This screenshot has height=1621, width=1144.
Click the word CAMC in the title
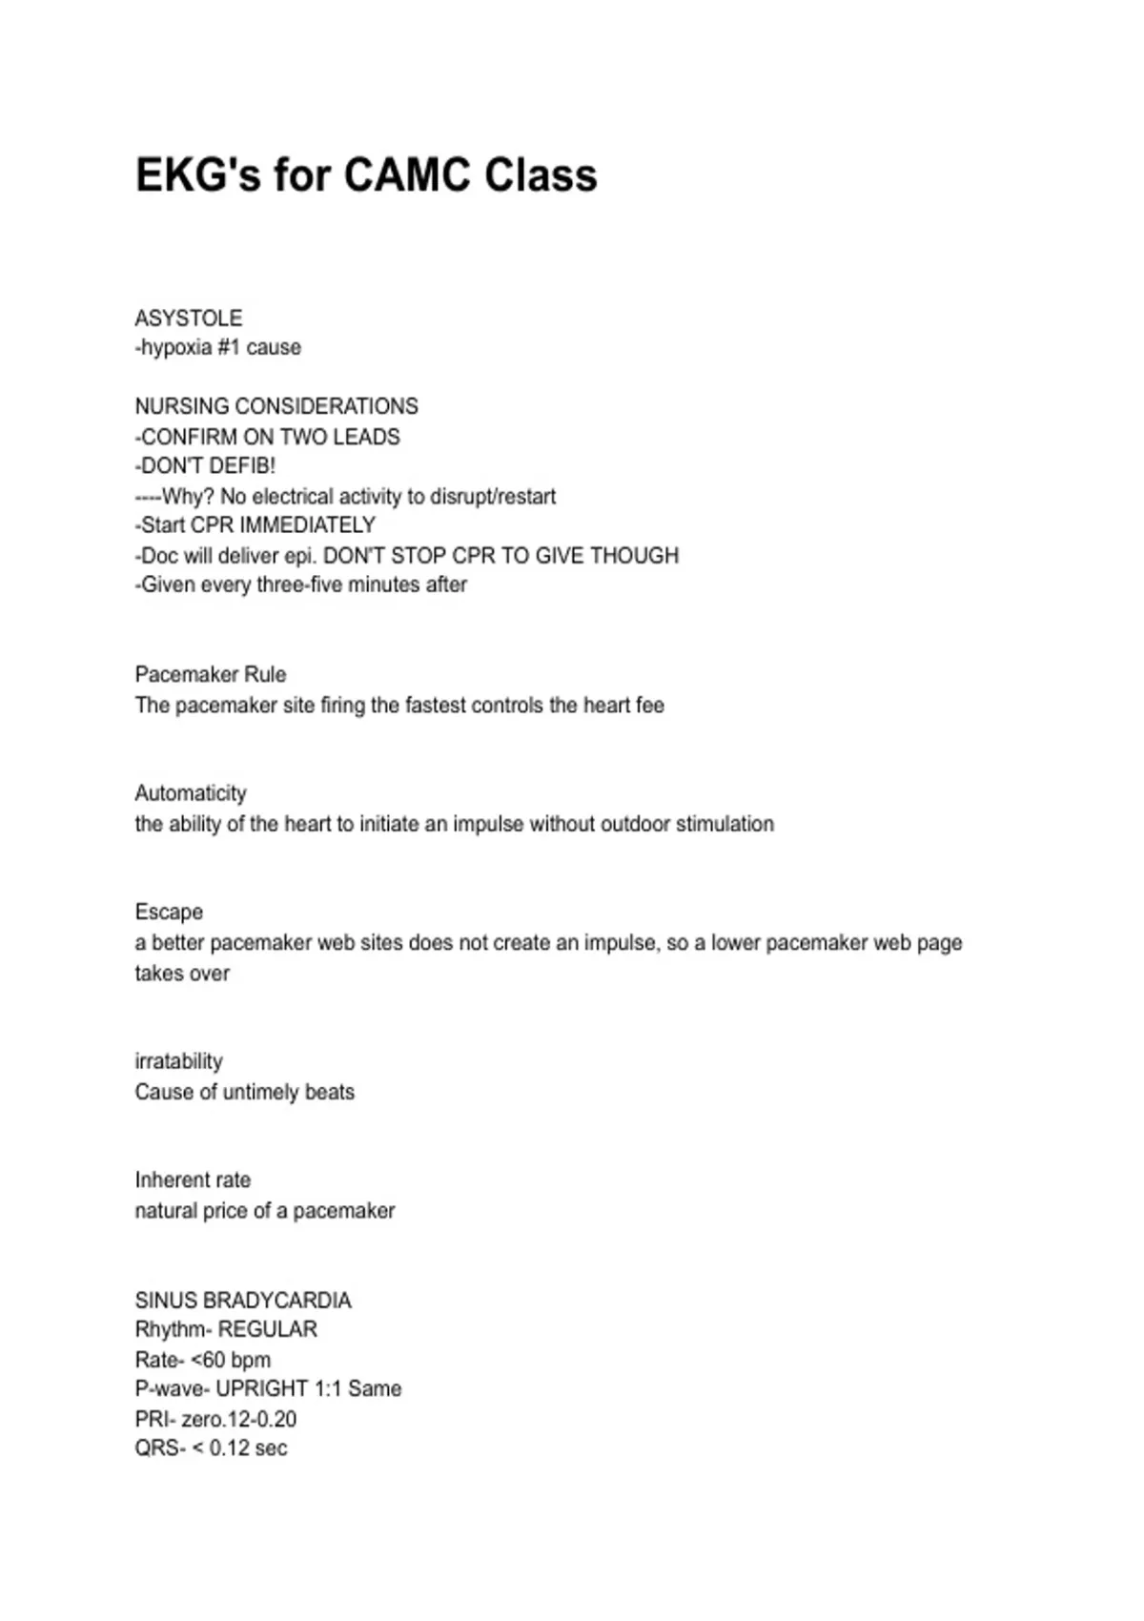(x=407, y=175)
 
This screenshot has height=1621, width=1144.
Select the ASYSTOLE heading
(x=189, y=318)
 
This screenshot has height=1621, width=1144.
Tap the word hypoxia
(x=176, y=347)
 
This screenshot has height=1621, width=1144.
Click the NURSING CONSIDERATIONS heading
(x=276, y=406)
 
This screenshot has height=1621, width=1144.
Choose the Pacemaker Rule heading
(x=211, y=674)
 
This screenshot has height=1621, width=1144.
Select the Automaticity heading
(x=191, y=793)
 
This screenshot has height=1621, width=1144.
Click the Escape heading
(x=169, y=912)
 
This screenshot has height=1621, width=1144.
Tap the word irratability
(x=179, y=1061)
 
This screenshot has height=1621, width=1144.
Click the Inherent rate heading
(x=193, y=1180)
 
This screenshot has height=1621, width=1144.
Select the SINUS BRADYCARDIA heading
(x=243, y=1301)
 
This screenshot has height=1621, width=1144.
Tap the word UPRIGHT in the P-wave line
(x=262, y=1388)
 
